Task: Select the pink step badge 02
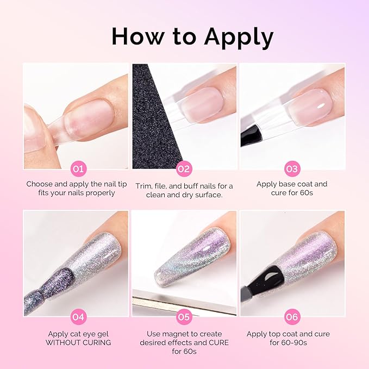coord(184,169)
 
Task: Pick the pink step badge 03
coord(292,169)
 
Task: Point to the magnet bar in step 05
coord(179,304)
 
